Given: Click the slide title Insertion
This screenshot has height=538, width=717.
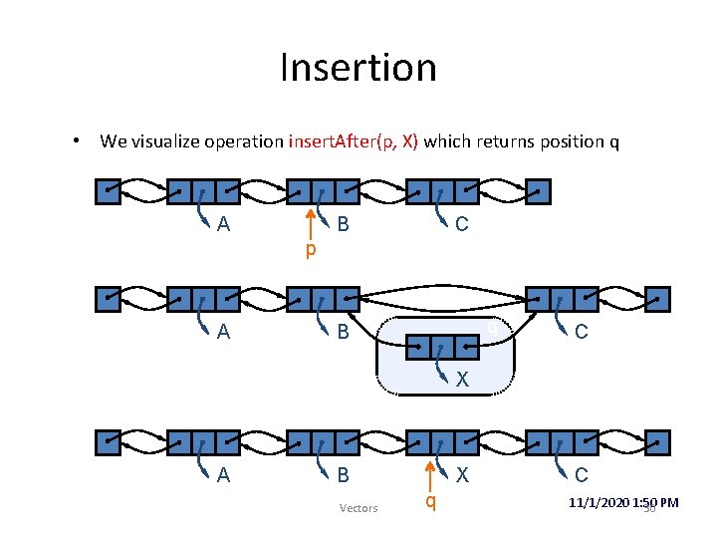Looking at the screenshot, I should click(358, 68).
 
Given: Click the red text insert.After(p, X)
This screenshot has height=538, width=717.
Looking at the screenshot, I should click(354, 141).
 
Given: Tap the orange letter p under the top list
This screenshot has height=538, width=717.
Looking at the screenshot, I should click(310, 249).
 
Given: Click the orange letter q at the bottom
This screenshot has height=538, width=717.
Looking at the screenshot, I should click(430, 501).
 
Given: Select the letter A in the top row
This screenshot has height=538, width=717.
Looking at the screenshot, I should click(223, 225).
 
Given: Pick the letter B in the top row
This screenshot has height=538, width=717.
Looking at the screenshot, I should click(343, 225).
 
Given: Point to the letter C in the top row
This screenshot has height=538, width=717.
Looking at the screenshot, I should click(461, 225).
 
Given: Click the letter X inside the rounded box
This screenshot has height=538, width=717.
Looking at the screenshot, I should click(462, 380).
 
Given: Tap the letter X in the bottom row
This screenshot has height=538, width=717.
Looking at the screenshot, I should click(462, 476).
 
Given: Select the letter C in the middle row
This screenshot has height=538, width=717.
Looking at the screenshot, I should click(582, 332).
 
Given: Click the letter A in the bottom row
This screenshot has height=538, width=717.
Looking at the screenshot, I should click(223, 476).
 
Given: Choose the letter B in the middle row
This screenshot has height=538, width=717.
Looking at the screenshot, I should click(343, 332).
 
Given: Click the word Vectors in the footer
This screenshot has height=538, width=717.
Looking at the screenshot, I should click(358, 508).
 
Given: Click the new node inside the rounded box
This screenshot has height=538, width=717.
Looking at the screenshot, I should click(442, 347).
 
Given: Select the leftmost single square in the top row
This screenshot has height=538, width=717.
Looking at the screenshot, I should click(107, 190).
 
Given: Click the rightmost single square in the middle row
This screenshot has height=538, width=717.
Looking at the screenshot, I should click(657, 298).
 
